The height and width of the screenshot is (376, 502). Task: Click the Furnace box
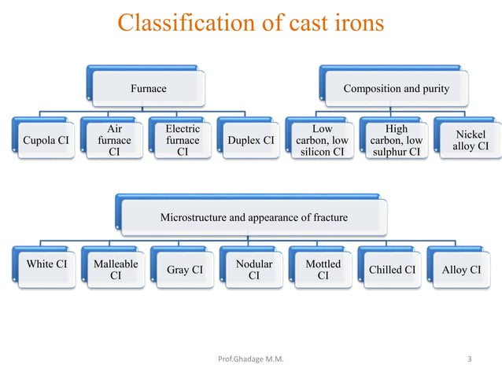(x=149, y=89)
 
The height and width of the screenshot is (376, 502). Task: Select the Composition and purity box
(x=396, y=89)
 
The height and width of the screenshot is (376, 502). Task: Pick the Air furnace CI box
(x=113, y=141)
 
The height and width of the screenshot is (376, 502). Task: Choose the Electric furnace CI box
(x=182, y=141)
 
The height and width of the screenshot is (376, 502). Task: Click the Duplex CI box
(x=250, y=141)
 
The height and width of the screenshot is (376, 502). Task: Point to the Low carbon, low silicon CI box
(x=323, y=141)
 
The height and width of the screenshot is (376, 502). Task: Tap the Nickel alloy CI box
(x=471, y=141)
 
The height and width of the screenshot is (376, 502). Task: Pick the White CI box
(x=46, y=268)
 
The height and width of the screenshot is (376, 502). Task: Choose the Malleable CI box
(x=115, y=270)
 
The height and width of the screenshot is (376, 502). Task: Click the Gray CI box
(x=185, y=270)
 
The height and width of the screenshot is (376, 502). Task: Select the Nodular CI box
(x=254, y=270)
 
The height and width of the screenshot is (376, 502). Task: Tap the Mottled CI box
(x=323, y=270)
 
